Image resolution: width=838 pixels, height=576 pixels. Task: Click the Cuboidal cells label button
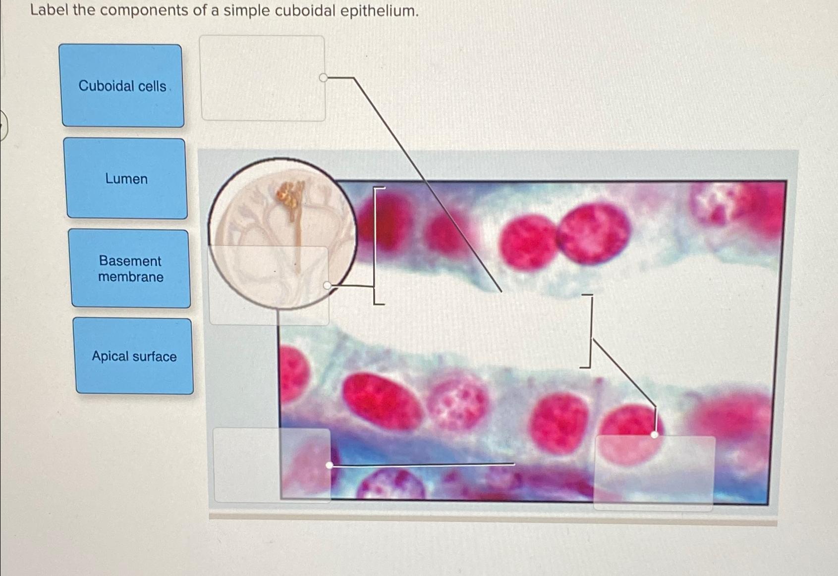[x=122, y=86]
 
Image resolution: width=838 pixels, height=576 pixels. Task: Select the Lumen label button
[x=126, y=178]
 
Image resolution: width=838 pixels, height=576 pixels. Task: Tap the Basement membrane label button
[x=130, y=268]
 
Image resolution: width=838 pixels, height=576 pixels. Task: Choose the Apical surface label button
[x=134, y=356]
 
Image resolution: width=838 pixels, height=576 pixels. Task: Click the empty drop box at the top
[x=262, y=78]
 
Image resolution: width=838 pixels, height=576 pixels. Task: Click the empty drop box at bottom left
[x=271, y=465]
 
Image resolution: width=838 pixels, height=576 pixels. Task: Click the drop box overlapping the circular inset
[x=269, y=285]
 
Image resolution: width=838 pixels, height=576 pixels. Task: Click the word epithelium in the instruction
[x=379, y=10]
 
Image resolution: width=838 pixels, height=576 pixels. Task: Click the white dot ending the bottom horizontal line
[x=329, y=465]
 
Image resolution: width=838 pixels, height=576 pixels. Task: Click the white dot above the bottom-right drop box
[x=654, y=435]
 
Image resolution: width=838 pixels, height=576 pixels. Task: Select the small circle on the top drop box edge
[x=323, y=78]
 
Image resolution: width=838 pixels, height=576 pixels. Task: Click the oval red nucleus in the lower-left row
[x=381, y=401]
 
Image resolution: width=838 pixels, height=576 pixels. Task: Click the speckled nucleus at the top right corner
[x=719, y=203]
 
